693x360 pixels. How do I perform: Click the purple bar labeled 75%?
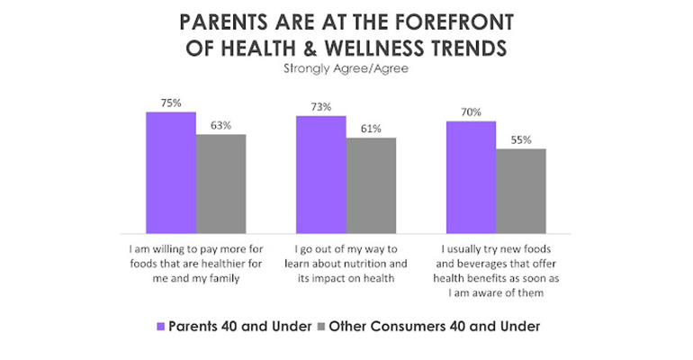171,173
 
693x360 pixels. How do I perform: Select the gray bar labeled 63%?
221,184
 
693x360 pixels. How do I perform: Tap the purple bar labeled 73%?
321,175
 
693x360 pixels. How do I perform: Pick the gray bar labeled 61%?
371,185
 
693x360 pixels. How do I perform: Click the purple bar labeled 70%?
472,177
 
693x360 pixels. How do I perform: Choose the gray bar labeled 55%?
521,191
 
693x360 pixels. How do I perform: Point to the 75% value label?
171,103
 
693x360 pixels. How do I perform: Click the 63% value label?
221,125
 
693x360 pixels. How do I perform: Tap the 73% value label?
321,107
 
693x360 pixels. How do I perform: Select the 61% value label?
371,129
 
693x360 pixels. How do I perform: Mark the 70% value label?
472,112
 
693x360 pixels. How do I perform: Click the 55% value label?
521,139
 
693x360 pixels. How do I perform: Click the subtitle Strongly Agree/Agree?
346,66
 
